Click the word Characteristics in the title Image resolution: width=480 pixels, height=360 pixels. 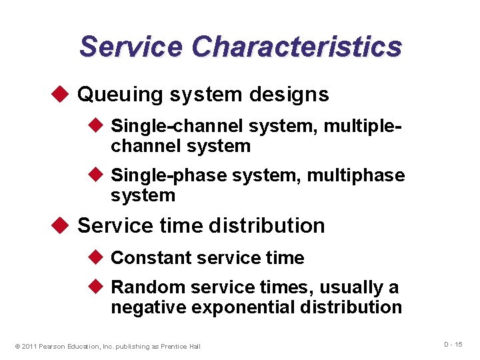click(x=297, y=47)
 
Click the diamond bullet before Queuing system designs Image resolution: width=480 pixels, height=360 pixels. click(x=63, y=94)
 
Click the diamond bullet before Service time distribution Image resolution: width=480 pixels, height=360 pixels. click(x=63, y=225)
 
